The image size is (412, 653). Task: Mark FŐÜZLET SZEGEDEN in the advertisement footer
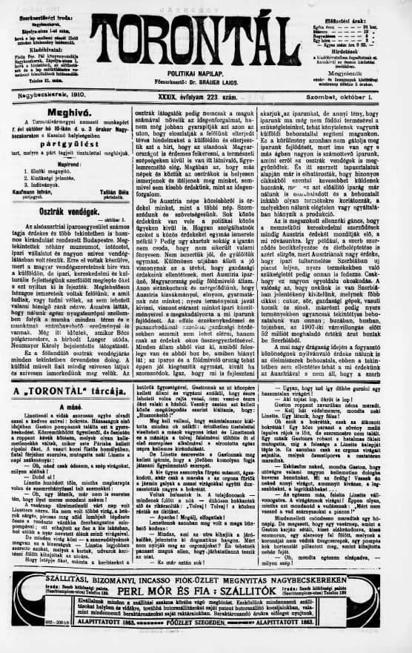tap(205, 642)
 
